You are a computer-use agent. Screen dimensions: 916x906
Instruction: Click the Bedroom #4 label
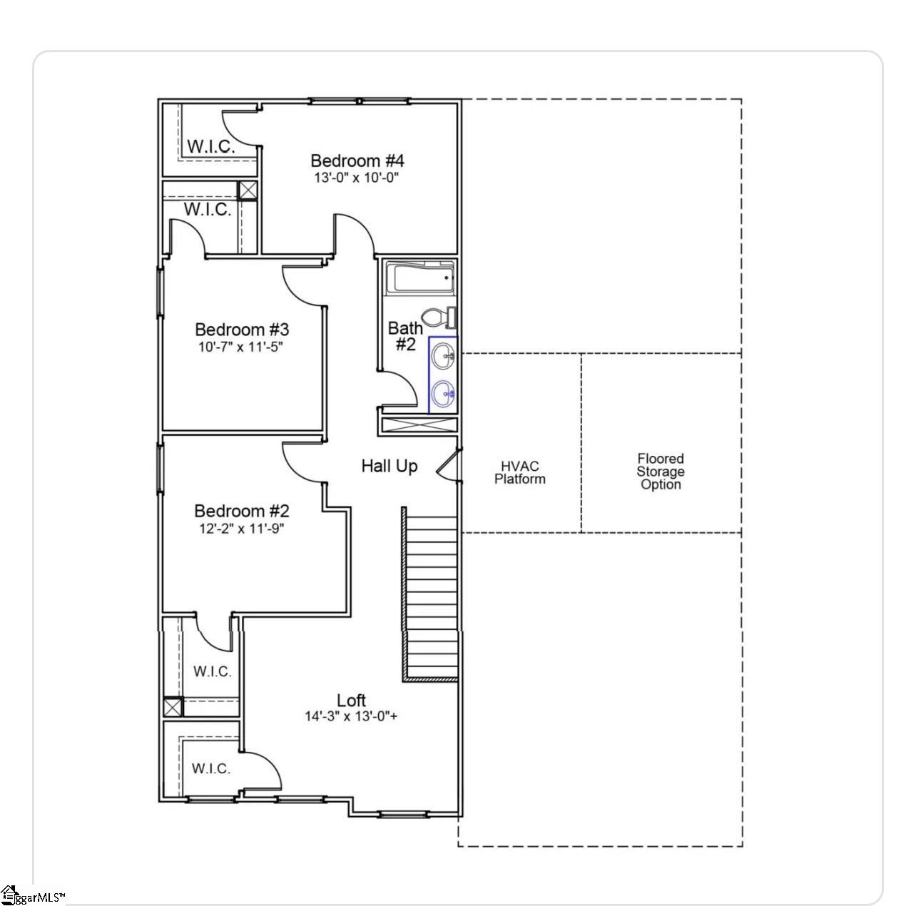click(357, 161)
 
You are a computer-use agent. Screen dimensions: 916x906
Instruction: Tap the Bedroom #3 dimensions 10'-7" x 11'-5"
click(240, 347)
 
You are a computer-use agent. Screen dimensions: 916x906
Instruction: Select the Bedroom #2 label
click(241, 511)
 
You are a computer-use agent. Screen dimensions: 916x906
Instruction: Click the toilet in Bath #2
click(439, 317)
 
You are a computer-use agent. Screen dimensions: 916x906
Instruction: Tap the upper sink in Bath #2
click(444, 355)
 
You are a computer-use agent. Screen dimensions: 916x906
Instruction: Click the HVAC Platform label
click(519, 472)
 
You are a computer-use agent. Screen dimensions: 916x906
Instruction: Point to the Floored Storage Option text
click(661, 472)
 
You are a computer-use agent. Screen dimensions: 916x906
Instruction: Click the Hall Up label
click(390, 467)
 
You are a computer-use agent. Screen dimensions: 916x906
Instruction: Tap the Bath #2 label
click(405, 336)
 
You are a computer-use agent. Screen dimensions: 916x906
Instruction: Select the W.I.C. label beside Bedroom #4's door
click(210, 146)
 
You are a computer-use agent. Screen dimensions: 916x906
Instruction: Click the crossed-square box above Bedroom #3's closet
click(247, 190)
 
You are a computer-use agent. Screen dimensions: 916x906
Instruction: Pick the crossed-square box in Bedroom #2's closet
click(173, 706)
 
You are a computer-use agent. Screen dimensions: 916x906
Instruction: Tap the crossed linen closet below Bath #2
click(419, 424)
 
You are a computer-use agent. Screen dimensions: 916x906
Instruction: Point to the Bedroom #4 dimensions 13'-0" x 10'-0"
click(356, 178)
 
